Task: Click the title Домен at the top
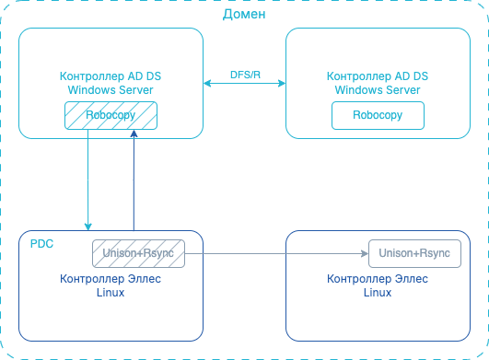(245, 15)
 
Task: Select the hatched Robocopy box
(110, 115)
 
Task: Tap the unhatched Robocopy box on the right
(378, 115)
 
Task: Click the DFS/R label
(244, 74)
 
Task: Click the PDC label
(41, 244)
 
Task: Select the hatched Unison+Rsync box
(138, 252)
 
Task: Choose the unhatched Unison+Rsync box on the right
(414, 252)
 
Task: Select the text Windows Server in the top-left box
(110, 90)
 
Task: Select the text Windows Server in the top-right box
(378, 90)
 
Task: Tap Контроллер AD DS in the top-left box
(110, 77)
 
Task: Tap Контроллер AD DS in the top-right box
(378, 77)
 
